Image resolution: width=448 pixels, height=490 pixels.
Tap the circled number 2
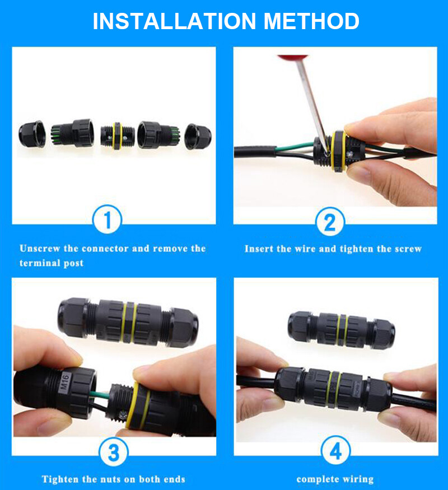pos(329,223)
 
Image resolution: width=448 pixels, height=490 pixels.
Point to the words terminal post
pos(52,263)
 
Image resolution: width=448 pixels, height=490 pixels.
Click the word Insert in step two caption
pos(259,249)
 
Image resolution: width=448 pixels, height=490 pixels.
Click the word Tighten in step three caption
pos(60,479)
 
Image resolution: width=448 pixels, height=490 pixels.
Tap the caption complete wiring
pos(334,479)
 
